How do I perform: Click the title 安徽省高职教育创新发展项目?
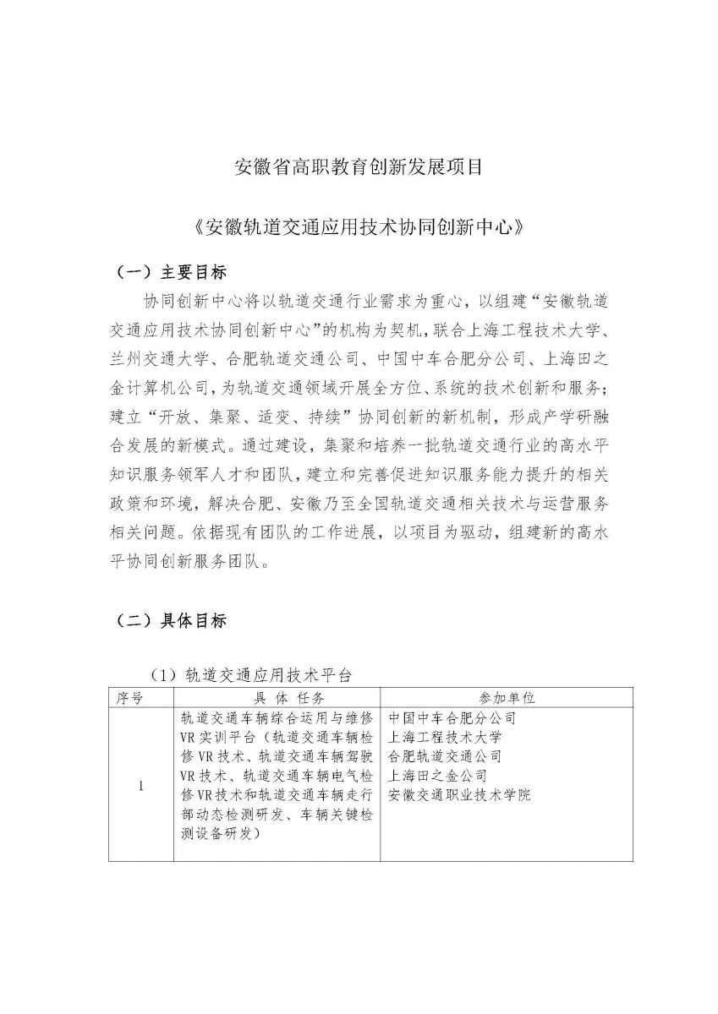(358, 166)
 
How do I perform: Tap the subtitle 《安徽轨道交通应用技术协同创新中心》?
(358, 227)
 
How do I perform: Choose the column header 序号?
(140, 698)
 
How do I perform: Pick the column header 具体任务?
(277, 698)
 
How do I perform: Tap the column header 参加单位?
(507, 698)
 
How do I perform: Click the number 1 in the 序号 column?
(140, 786)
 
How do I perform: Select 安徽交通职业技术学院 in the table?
(459, 795)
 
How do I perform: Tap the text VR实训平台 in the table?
(215, 738)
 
